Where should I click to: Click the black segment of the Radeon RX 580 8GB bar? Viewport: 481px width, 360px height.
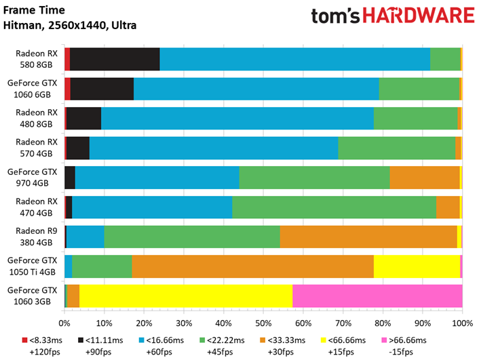[x=115, y=59]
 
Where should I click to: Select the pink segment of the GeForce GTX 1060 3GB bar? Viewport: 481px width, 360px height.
[x=377, y=296]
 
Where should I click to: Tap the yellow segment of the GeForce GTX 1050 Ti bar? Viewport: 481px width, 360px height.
[x=417, y=266]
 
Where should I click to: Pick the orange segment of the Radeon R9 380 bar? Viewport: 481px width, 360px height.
[x=368, y=237]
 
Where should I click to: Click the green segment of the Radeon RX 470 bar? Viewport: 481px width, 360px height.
[x=334, y=207]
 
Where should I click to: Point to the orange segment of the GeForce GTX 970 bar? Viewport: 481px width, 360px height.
[x=425, y=178]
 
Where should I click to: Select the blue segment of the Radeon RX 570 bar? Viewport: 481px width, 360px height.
[x=214, y=148]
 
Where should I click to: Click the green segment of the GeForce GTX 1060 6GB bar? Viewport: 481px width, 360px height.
[x=419, y=89]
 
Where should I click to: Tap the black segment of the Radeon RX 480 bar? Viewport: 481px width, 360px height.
[x=83, y=119]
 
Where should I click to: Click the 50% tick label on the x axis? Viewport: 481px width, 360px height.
[x=263, y=323]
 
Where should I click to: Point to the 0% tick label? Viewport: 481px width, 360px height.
[x=64, y=323]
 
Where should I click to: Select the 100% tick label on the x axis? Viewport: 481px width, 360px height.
[x=463, y=323]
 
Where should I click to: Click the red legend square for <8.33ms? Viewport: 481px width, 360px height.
[x=25, y=340]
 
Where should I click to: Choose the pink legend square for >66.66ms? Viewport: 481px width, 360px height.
[x=384, y=340]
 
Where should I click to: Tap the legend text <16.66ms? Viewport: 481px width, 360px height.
[x=165, y=340]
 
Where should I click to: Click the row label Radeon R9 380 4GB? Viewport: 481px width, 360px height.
[x=37, y=237]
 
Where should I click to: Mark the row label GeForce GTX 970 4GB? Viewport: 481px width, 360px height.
[x=32, y=178]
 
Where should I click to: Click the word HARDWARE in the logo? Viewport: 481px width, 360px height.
[x=419, y=16]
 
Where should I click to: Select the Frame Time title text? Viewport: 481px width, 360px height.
[x=34, y=10]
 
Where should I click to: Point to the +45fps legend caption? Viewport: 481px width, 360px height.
[x=220, y=352]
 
